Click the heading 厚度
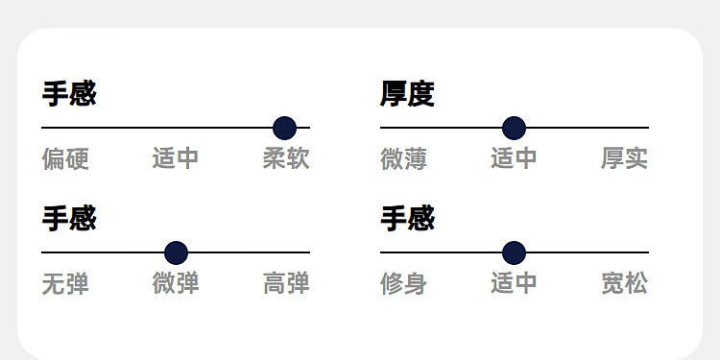[x=407, y=94]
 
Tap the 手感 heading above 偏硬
[x=69, y=94]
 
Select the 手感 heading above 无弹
[x=69, y=218]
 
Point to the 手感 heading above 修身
[x=407, y=218]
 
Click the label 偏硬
[x=65, y=158]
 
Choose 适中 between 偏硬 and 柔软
[x=176, y=158]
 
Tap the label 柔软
[x=286, y=158]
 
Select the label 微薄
[x=403, y=158]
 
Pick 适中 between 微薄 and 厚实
[x=514, y=158]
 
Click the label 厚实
[x=625, y=158]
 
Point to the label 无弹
[x=65, y=283]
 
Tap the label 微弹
[x=176, y=283]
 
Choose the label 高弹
[x=286, y=283]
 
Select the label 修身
[x=403, y=283]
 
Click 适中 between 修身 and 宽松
[x=514, y=283]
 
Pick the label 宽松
[x=625, y=283]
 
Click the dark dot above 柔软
[x=285, y=128]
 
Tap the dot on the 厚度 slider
[x=514, y=128]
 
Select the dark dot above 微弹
[x=176, y=252]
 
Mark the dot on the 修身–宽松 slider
[x=514, y=252]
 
